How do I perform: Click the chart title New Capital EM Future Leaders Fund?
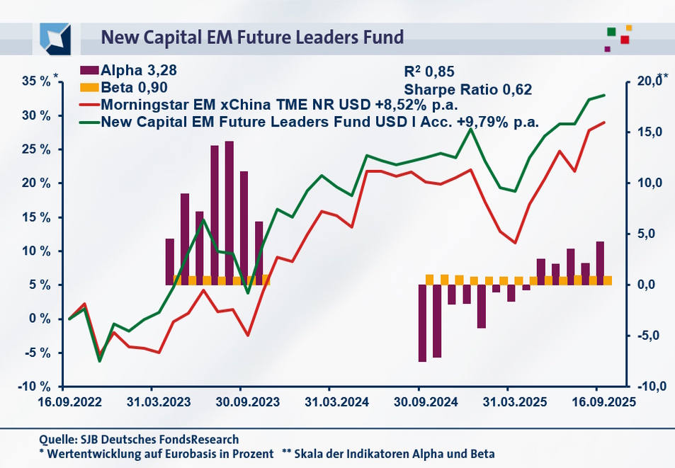(x=252, y=37)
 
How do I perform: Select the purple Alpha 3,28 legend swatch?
(x=90, y=70)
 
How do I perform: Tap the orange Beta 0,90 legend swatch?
(x=90, y=88)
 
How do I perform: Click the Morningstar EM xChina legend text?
(x=280, y=105)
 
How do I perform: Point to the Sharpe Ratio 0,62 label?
(x=467, y=89)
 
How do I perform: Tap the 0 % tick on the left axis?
(x=42, y=319)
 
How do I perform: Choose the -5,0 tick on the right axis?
(x=647, y=336)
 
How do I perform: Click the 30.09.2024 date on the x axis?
(x=418, y=401)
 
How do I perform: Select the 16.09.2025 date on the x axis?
(x=596, y=401)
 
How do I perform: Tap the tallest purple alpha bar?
(x=229, y=212)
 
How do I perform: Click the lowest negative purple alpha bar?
(x=422, y=323)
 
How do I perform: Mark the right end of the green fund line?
(x=605, y=95)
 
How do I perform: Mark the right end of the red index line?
(x=605, y=122)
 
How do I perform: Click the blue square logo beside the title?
(x=55, y=37)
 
